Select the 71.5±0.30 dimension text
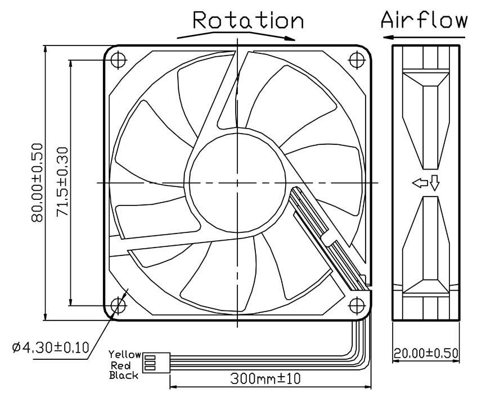62,183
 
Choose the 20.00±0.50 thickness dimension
426,354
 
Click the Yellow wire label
125,355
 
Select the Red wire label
130,365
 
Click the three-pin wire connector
151,364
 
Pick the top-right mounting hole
357,59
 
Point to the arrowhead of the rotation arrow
289,39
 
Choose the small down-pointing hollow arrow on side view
434,184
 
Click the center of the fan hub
238,183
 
